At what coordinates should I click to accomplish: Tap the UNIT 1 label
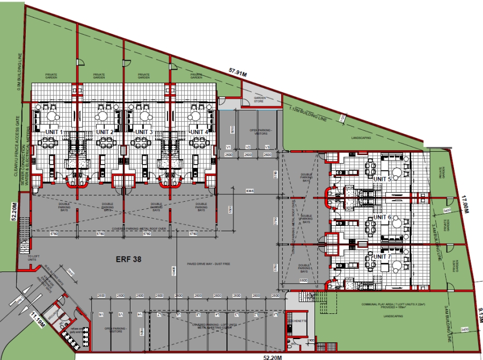point(54,132)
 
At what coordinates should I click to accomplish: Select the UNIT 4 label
point(198,132)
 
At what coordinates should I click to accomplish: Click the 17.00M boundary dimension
point(465,205)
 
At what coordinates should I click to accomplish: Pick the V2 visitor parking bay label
point(248,147)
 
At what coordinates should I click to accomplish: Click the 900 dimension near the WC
point(312,340)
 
